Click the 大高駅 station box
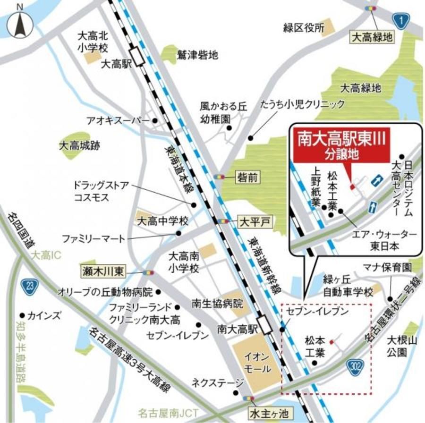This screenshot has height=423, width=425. [139, 57]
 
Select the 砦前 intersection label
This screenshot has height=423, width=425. [247, 177]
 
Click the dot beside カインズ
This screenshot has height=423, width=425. [22, 315]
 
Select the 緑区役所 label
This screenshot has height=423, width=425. [303, 28]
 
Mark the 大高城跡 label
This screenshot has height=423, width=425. [79, 146]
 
